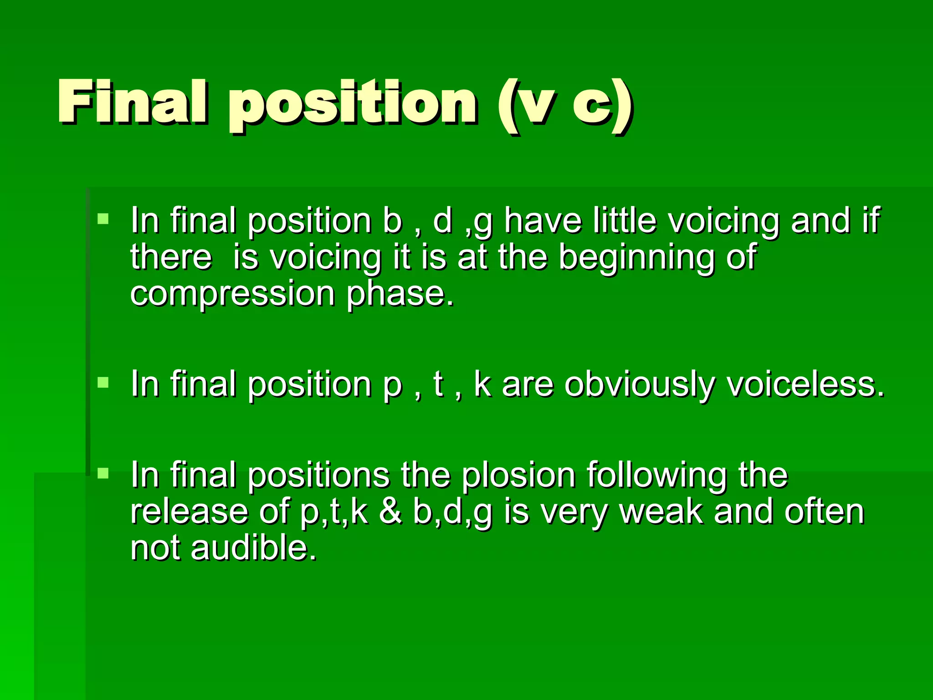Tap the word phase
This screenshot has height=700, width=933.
[400, 294]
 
